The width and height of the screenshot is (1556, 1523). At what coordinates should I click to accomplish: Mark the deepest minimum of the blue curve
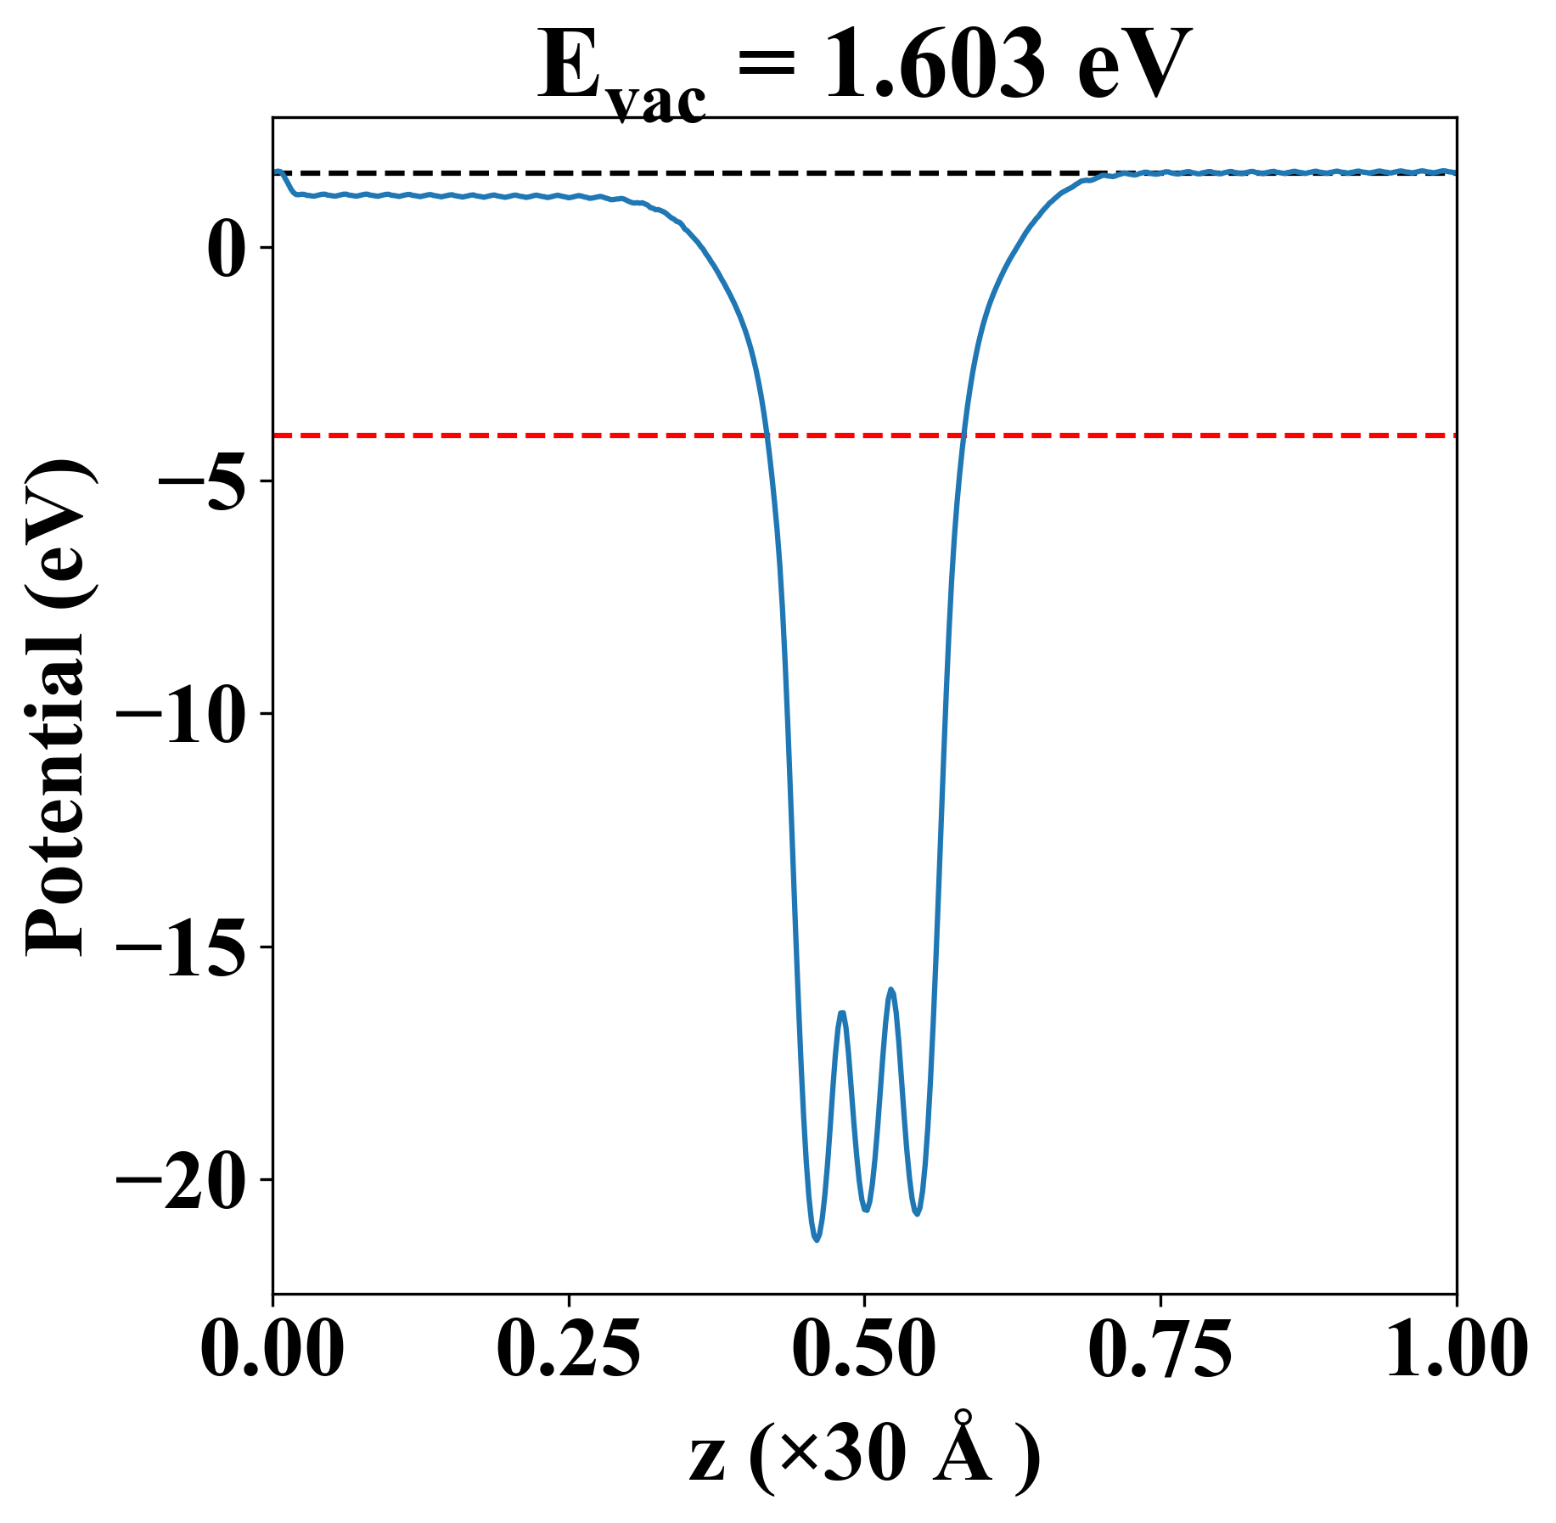coord(817,1240)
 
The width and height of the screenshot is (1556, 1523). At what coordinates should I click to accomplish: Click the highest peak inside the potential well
coord(891,990)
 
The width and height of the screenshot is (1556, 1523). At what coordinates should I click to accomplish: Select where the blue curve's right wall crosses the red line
coord(963,436)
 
